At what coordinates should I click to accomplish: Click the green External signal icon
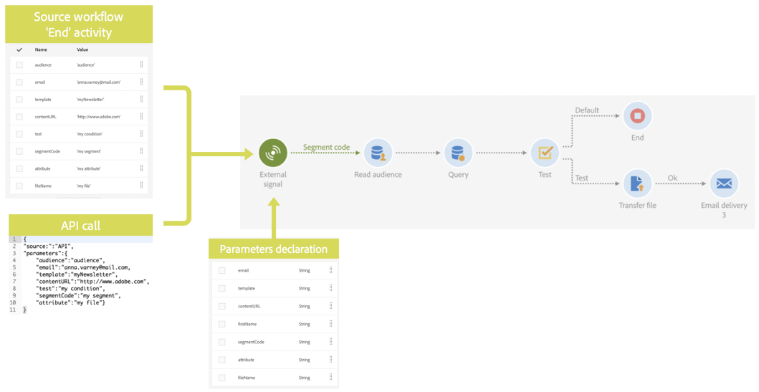point(272,153)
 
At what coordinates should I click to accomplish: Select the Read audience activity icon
point(377,153)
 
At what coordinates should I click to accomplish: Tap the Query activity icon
point(457,153)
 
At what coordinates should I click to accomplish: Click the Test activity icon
point(545,153)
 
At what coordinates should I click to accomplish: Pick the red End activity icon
point(637,115)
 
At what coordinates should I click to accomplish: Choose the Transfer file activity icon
point(637,183)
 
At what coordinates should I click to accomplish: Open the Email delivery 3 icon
point(723,183)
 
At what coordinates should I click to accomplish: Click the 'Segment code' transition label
point(326,148)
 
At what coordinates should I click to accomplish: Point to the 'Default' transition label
point(587,110)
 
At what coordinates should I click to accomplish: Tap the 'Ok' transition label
point(672,178)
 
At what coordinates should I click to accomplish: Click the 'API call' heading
point(80,226)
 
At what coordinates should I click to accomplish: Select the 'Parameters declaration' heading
point(273,249)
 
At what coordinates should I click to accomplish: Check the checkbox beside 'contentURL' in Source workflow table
point(19,117)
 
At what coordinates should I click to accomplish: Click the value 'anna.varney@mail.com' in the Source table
point(98,82)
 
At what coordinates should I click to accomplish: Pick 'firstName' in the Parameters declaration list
point(247,324)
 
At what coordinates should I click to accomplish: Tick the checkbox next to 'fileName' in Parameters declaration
point(222,378)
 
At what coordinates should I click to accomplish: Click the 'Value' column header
point(82,50)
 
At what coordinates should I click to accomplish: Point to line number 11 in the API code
point(13,310)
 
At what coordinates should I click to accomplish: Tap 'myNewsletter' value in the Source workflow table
point(90,100)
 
